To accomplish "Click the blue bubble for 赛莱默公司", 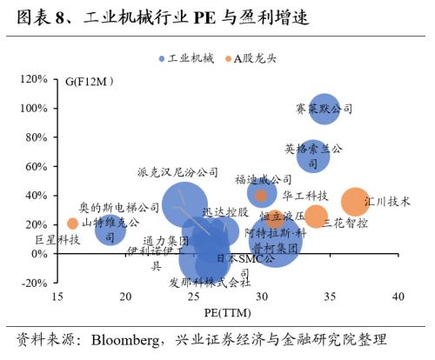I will pos(324,110).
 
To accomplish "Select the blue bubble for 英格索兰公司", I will pos(313,157).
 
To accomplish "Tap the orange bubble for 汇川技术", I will pos(355,202).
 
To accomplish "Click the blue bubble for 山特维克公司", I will pos(110,230).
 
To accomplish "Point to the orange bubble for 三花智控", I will pos(316,217).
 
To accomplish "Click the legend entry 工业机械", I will pos(184,58).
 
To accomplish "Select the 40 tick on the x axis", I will pos(398,297).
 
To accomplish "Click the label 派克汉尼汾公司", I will pos(178,173).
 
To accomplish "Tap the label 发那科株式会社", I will pos(210,282).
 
